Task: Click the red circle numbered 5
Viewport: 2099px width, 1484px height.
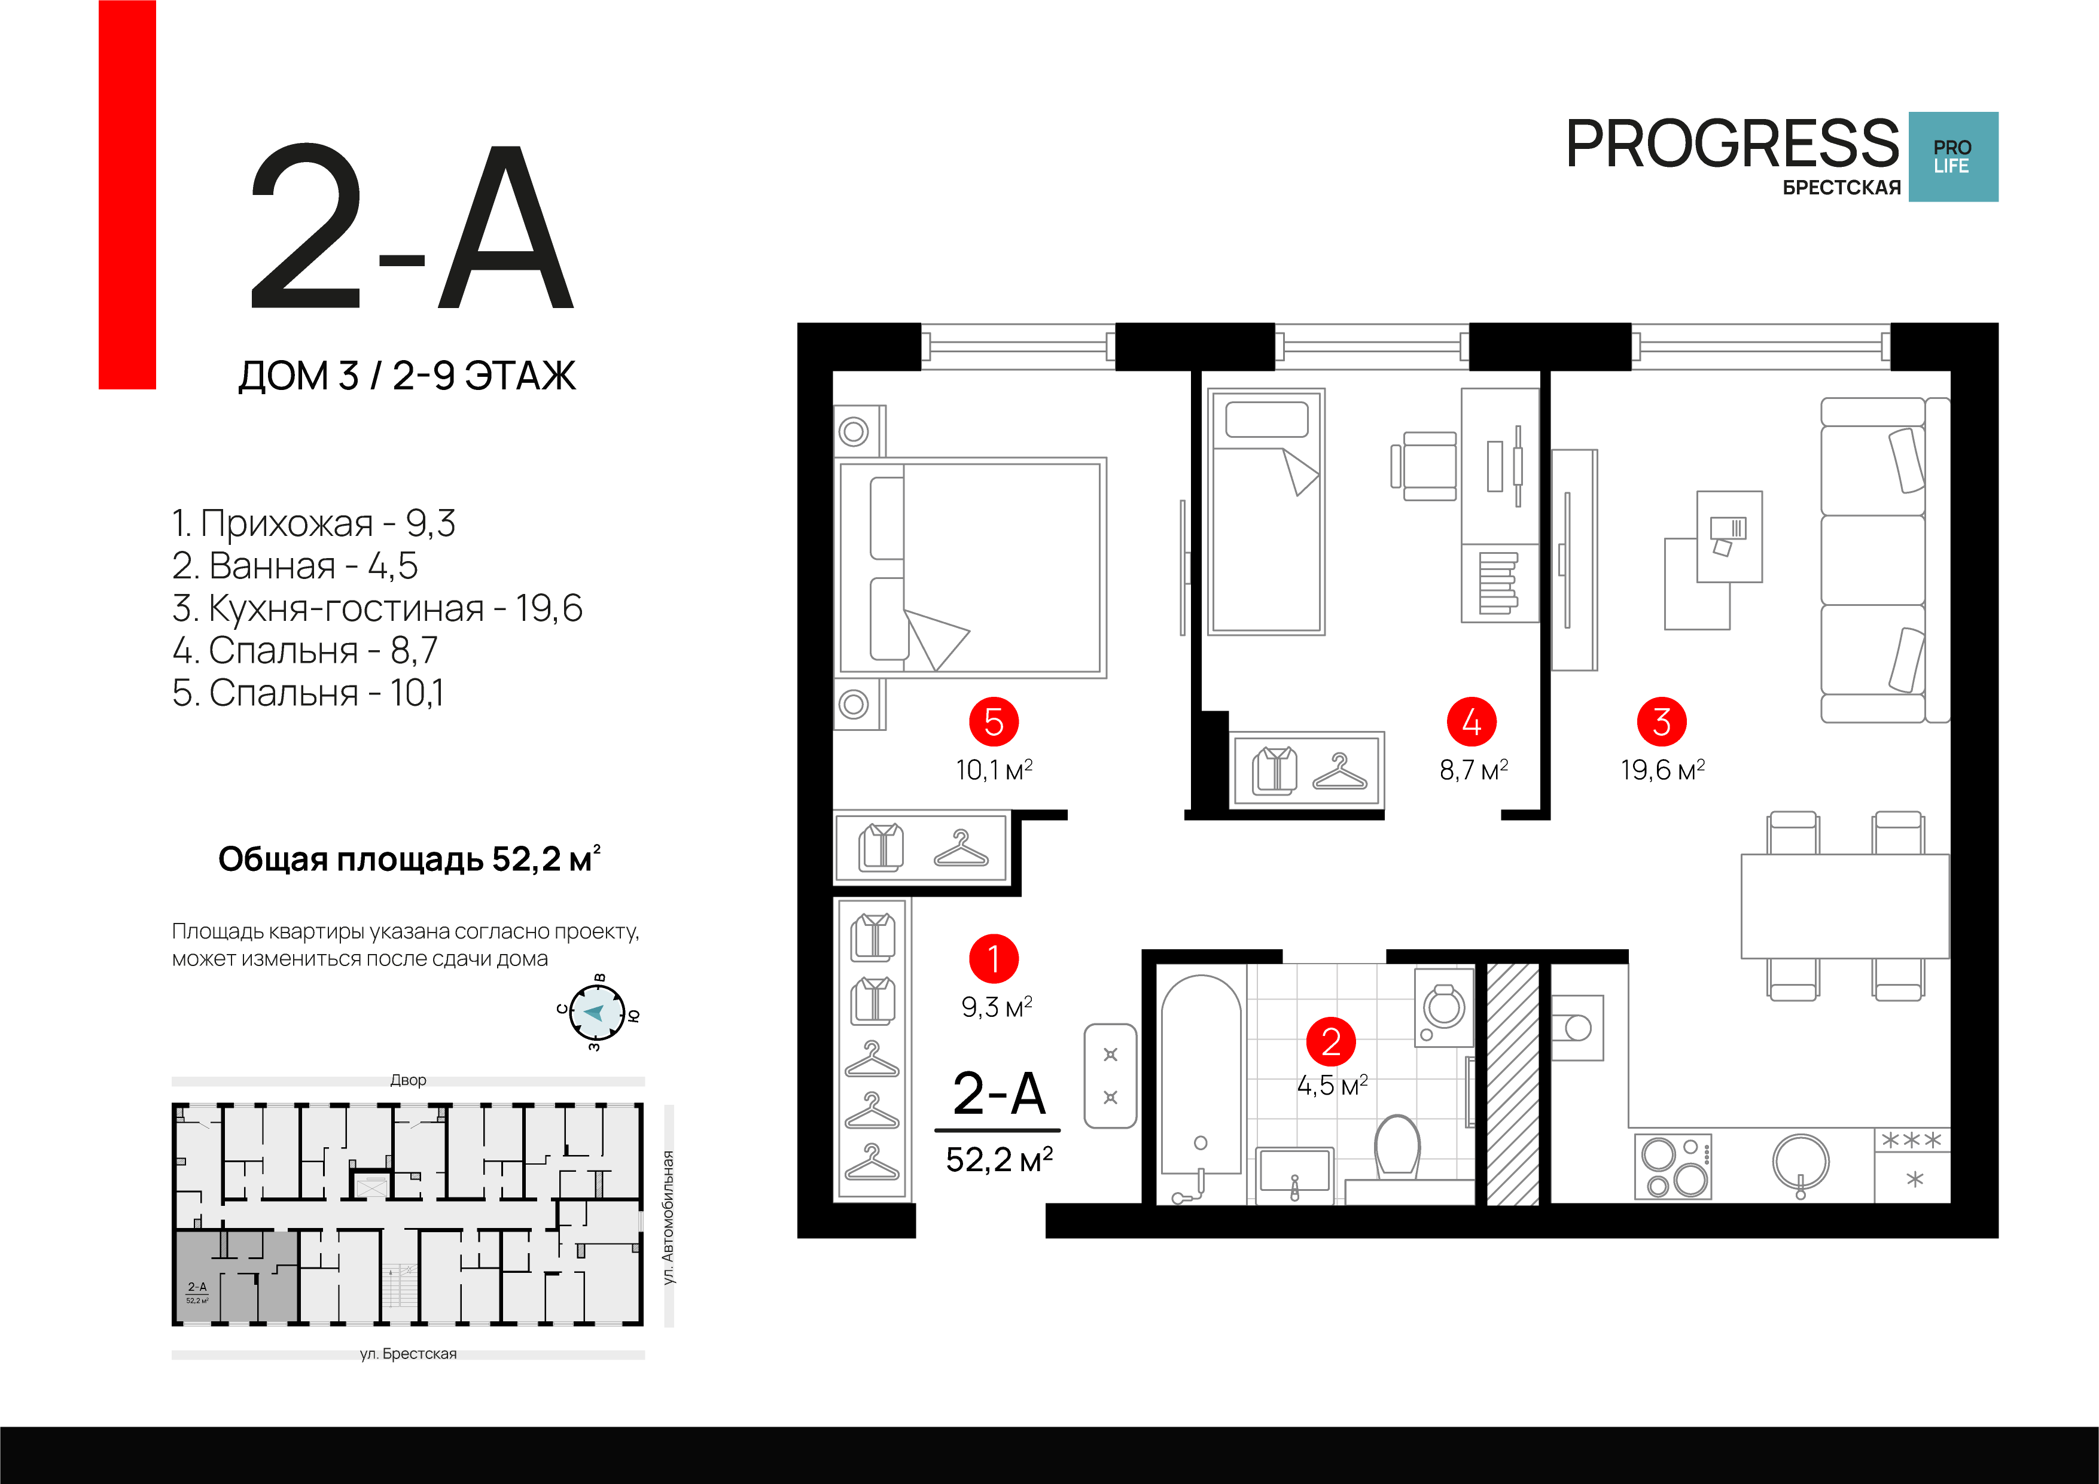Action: tap(994, 721)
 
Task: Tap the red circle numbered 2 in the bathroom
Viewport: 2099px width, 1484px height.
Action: tap(1331, 1041)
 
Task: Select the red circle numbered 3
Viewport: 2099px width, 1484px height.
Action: tap(1662, 721)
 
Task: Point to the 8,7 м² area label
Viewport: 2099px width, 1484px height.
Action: tap(1474, 770)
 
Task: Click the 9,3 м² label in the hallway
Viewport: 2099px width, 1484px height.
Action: tap(997, 1007)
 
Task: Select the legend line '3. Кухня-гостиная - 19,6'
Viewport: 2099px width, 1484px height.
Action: tap(377, 608)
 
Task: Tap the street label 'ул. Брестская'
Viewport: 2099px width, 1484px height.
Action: tap(408, 1353)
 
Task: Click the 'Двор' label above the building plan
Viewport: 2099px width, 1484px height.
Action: tap(408, 1080)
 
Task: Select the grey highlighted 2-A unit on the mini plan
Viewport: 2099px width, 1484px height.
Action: tap(236, 1276)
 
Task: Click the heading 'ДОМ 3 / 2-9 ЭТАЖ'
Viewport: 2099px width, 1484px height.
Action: tap(407, 376)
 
